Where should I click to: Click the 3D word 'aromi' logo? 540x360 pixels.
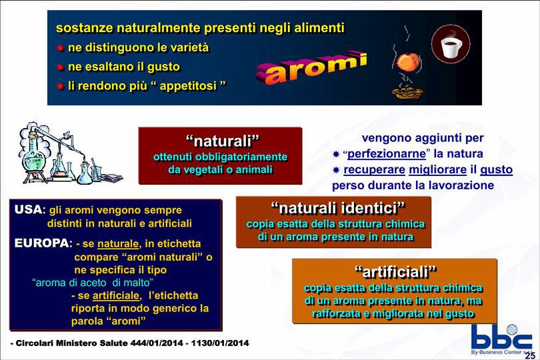pyautogui.click(x=311, y=68)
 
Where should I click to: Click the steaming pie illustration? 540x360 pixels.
pyautogui.click(x=407, y=91)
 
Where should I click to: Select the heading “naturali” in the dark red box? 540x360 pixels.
pyautogui.click(x=223, y=141)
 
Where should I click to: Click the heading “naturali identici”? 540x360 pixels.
pyautogui.click(x=338, y=208)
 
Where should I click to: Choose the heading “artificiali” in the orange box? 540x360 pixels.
pyautogui.click(x=396, y=272)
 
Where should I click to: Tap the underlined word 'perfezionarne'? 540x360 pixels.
pyautogui.click(x=387, y=153)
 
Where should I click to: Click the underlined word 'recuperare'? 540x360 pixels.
pyautogui.click(x=375, y=169)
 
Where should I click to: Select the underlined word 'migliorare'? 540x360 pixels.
pyautogui.click(x=438, y=169)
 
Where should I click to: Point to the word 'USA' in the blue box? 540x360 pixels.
pyautogui.click(x=28, y=209)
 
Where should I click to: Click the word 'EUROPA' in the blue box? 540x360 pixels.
pyautogui.click(x=42, y=243)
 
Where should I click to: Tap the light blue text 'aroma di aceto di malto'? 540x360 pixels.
pyautogui.click(x=93, y=283)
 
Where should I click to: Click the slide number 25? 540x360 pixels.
pyautogui.click(x=530, y=355)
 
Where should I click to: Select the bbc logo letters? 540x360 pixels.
pyautogui.click(x=501, y=337)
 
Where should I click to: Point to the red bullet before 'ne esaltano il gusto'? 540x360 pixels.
pyautogui.click(x=60, y=67)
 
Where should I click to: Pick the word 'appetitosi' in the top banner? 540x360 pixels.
pyautogui.click(x=188, y=86)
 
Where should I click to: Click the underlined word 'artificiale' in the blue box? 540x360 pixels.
pyautogui.click(x=116, y=295)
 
